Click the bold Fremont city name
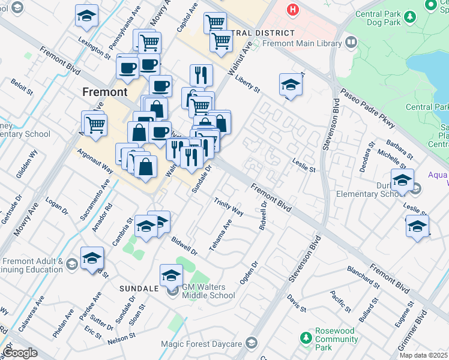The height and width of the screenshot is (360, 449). pyautogui.click(x=104, y=92)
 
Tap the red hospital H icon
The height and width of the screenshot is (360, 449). pyautogui.click(x=292, y=10)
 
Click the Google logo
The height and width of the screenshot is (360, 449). pyautogui.click(x=20, y=353)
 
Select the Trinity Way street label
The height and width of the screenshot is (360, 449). pyautogui.click(x=229, y=207)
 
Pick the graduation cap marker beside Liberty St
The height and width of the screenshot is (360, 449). pyautogui.click(x=291, y=85)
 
